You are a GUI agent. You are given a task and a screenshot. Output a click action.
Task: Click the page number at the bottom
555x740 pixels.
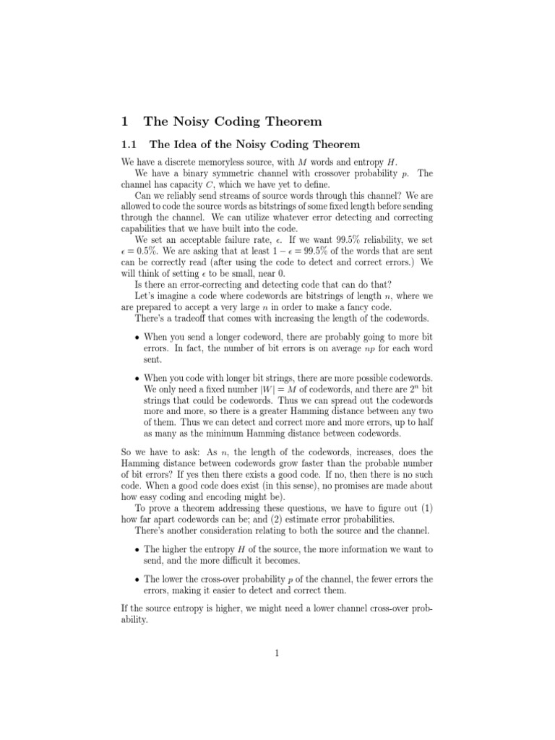tap(276, 653)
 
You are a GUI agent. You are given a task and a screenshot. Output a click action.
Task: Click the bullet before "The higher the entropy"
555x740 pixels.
tap(137, 549)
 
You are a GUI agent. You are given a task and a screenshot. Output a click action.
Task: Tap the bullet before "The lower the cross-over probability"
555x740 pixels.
tap(137, 580)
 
